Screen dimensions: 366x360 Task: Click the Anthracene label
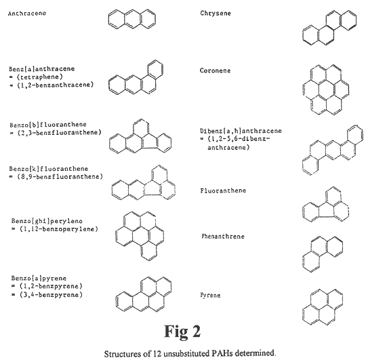tap(27, 13)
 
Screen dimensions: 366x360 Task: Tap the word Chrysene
tap(216, 13)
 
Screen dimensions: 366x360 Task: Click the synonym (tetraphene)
tap(40, 77)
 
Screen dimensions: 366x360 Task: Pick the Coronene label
tap(215, 71)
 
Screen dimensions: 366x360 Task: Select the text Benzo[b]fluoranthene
tap(48, 125)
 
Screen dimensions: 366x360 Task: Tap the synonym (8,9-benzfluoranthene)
tap(60, 176)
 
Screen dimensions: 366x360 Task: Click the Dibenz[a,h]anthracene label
tap(241, 130)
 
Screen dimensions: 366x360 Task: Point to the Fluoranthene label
tap(223, 191)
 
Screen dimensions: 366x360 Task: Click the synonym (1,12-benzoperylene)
tap(59, 228)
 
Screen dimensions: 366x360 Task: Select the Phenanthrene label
tap(223, 236)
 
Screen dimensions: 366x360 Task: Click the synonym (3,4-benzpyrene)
tap(51, 295)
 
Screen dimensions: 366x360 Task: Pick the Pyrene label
tap(210, 296)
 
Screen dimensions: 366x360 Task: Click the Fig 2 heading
tap(182, 332)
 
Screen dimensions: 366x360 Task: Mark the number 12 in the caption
tap(157, 353)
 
